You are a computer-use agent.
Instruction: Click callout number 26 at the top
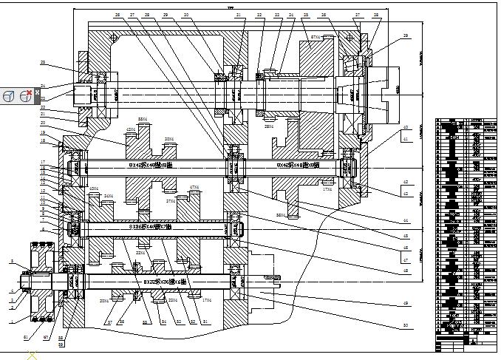(x=117, y=15)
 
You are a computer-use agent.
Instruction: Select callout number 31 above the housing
(x=239, y=15)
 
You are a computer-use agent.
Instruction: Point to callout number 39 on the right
(x=405, y=35)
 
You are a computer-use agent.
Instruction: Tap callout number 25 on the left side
(x=43, y=62)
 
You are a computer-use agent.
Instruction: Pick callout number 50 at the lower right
(x=405, y=326)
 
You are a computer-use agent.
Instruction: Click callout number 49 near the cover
(x=405, y=304)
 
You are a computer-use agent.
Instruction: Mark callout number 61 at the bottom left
(x=27, y=336)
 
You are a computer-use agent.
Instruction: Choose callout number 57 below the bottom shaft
(x=109, y=322)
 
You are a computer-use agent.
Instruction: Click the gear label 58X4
(x=143, y=118)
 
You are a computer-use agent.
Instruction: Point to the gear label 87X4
(x=316, y=36)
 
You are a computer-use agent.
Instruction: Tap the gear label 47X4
(x=194, y=188)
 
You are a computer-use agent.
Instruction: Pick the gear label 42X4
(x=130, y=130)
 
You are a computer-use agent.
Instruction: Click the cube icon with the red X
(x=24, y=96)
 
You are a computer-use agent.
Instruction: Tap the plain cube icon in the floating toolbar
(x=9, y=97)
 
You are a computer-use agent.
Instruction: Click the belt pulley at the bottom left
(x=37, y=282)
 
